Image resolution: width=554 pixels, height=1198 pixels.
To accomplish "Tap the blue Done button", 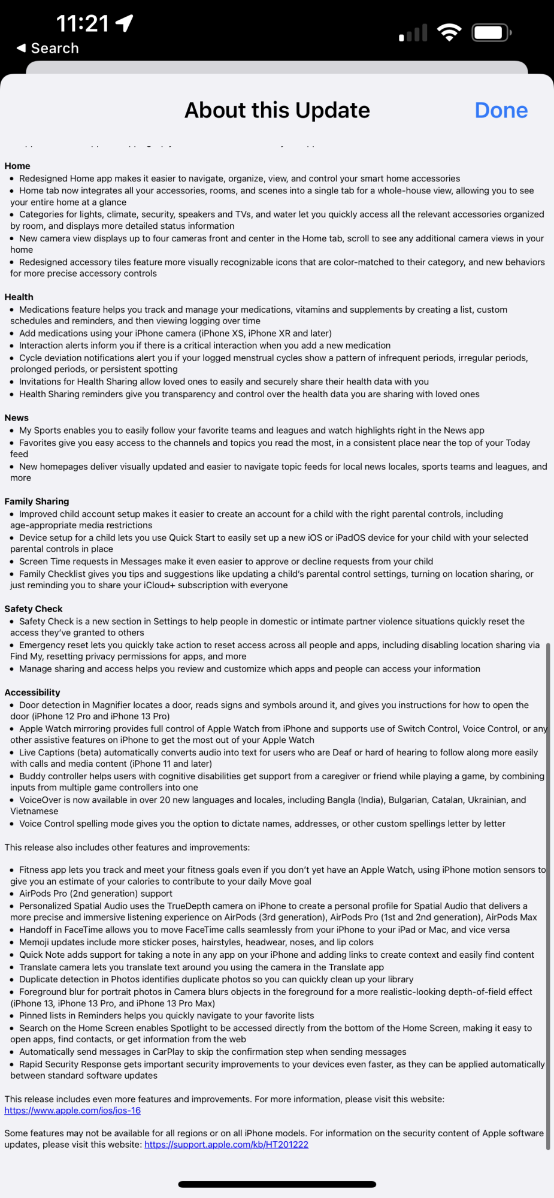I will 501,110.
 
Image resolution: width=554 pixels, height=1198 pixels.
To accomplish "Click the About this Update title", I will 277,110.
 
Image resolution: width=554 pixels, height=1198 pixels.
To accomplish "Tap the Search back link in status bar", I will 48,49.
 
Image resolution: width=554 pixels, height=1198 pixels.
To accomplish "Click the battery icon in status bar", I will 491,32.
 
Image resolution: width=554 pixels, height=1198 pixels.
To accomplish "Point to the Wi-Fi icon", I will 449,32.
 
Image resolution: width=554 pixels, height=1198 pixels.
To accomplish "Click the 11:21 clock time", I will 83,24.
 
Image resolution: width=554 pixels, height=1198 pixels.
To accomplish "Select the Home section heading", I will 17,166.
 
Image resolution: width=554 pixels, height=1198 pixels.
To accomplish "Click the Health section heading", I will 19,297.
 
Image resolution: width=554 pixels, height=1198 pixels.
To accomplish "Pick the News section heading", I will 17,418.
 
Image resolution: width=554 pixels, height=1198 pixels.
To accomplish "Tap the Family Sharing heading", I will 37,501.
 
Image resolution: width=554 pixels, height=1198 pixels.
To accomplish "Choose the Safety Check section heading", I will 34,609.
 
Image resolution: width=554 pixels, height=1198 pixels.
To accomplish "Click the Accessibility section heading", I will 32,692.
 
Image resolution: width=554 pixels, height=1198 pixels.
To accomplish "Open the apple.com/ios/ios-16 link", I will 72,1111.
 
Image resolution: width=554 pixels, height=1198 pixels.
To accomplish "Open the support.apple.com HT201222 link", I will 226,1145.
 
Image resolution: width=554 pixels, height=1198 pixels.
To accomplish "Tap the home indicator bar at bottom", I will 277,1184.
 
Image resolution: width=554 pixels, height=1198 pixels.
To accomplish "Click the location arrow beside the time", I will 125,23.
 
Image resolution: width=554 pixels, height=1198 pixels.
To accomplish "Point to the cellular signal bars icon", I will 413,33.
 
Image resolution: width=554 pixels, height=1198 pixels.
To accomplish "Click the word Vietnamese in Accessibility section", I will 34,811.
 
